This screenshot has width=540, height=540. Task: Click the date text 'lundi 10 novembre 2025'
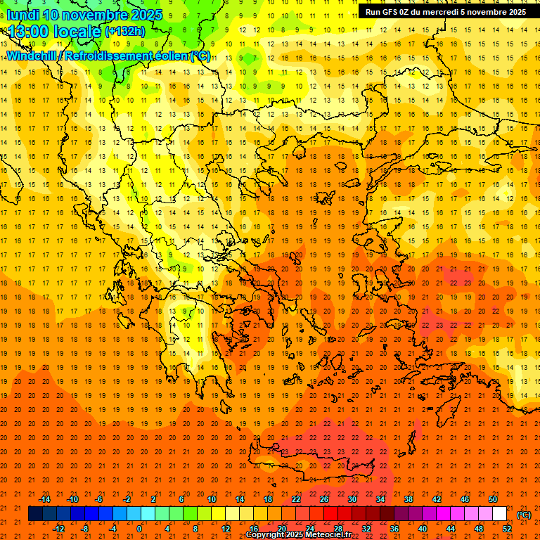click(x=84, y=15)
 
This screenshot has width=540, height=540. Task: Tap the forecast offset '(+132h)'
click(x=125, y=32)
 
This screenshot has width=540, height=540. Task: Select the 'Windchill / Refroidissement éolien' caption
click(x=109, y=56)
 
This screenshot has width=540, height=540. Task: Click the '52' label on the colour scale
click(x=507, y=529)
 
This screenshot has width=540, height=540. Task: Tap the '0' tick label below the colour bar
click(x=139, y=529)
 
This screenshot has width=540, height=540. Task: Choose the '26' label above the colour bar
click(x=324, y=499)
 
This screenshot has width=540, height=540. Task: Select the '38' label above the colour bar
click(x=409, y=499)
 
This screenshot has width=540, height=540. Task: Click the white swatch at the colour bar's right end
click(x=500, y=514)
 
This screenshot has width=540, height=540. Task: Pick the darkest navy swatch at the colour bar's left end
click(x=35, y=514)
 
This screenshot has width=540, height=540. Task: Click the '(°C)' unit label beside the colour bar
click(x=524, y=515)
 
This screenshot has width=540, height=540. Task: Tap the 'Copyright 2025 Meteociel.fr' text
click(x=298, y=535)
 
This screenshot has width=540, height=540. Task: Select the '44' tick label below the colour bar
click(x=451, y=529)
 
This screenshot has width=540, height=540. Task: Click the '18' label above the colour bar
click(x=268, y=499)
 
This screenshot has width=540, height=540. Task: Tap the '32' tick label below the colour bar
click(x=366, y=529)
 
